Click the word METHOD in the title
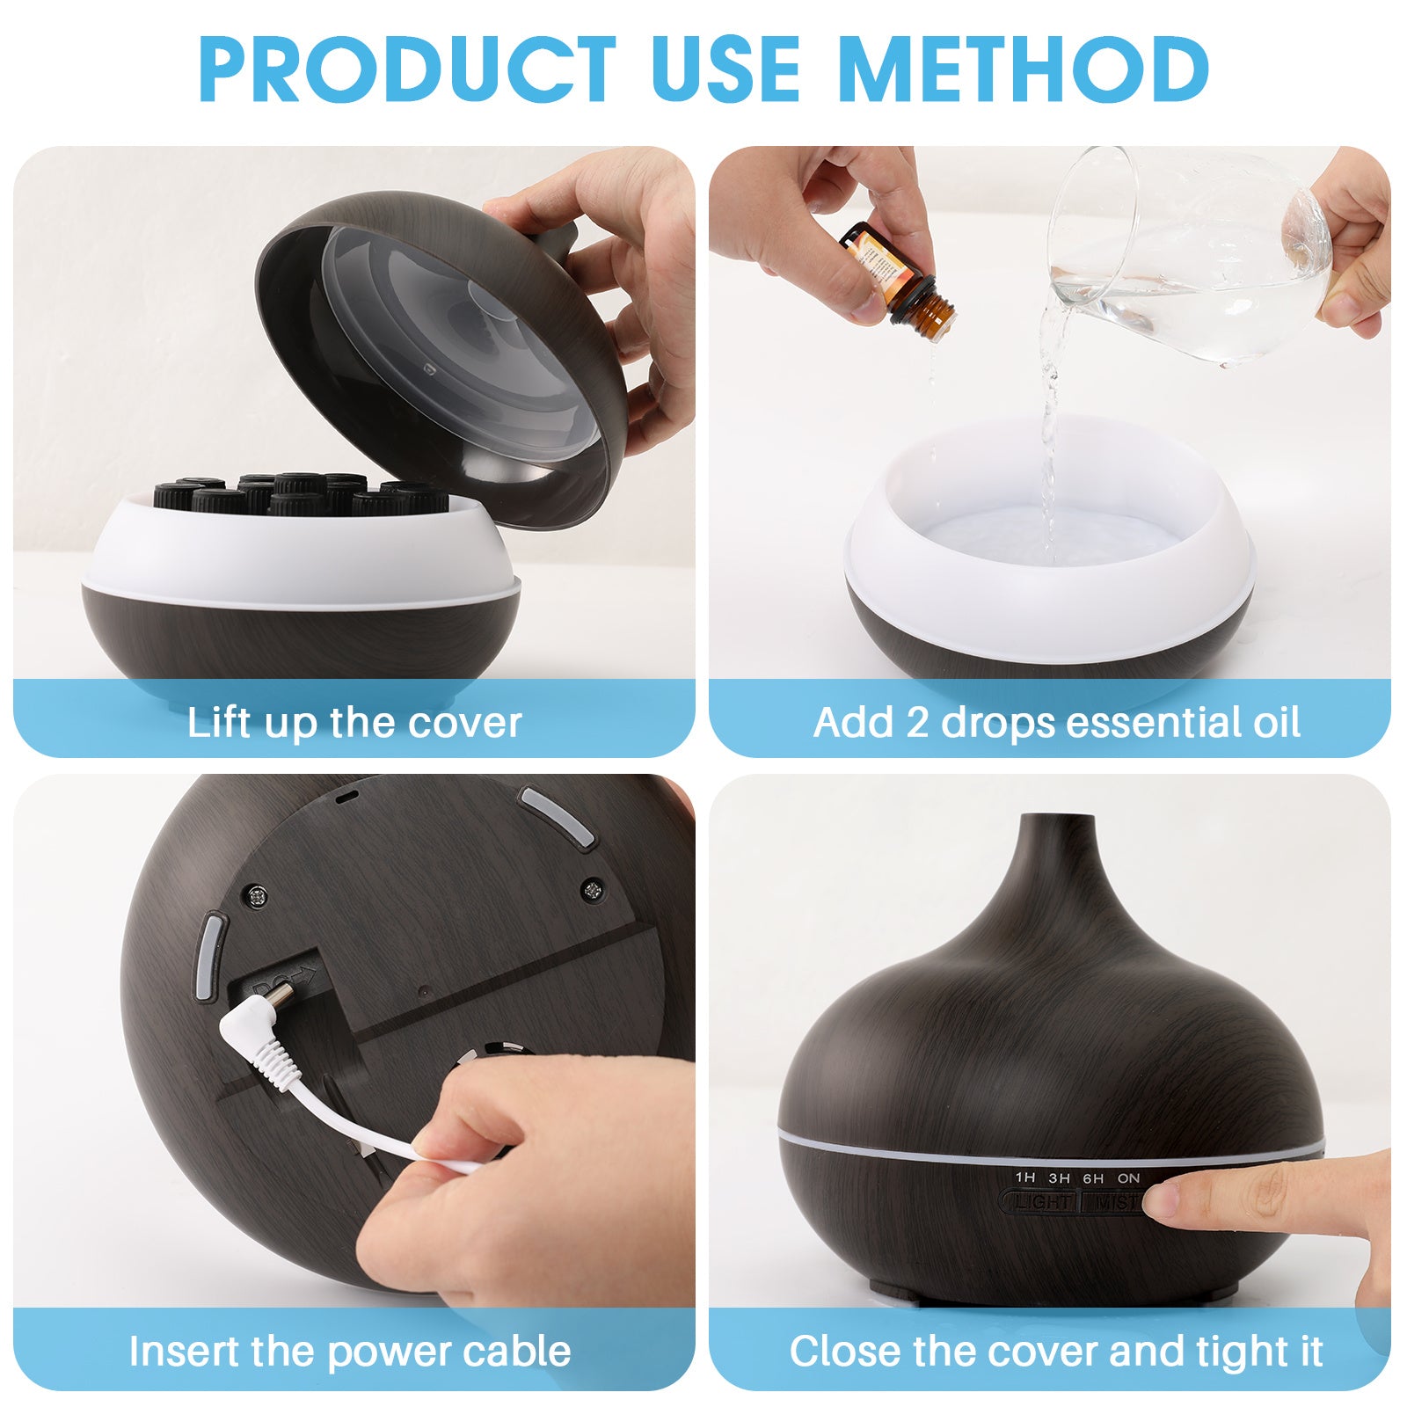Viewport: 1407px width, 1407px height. click(x=1024, y=70)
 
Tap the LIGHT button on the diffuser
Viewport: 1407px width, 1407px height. click(x=1042, y=1201)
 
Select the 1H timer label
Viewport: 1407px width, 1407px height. click(x=1024, y=1177)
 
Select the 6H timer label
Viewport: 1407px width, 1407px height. click(x=1093, y=1177)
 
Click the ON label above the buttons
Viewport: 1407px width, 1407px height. click(x=1129, y=1177)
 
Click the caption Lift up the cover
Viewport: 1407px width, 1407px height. click(x=354, y=723)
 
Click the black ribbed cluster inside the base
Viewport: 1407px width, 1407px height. click(x=299, y=494)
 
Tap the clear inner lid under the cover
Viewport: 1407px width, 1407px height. click(x=457, y=343)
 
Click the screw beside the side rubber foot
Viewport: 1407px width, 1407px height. click(x=257, y=897)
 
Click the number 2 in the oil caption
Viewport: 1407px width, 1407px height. click(x=917, y=723)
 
